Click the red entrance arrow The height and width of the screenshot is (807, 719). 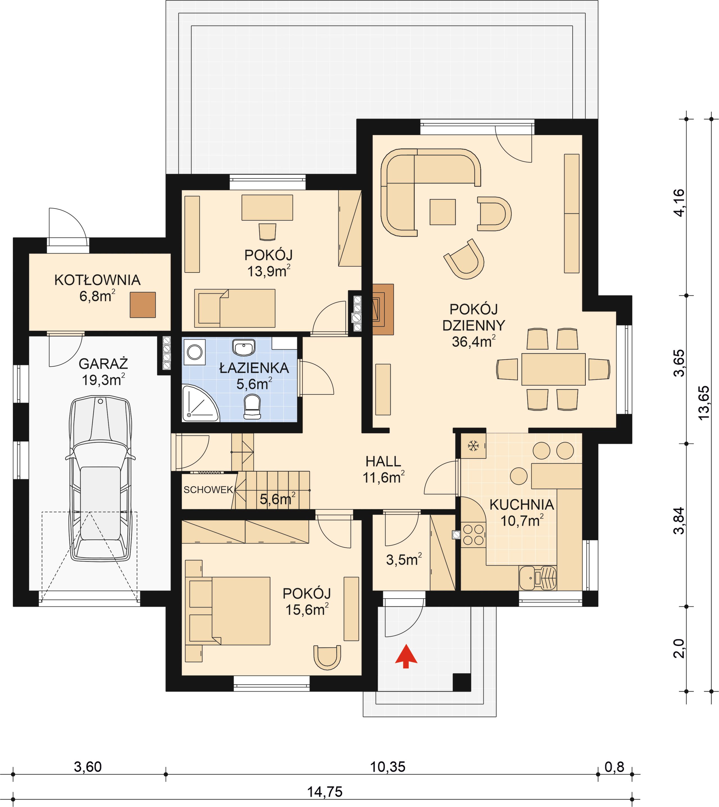tap(406, 656)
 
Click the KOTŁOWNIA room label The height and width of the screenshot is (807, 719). tap(97, 280)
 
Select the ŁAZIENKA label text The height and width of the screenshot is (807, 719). tap(254, 368)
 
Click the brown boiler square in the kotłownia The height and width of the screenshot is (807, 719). tap(143, 304)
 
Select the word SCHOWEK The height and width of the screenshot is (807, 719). tap(208, 490)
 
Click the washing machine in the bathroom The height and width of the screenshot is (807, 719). tap(194, 352)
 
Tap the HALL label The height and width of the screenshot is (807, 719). tap(383, 462)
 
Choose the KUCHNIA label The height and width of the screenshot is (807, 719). tap(522, 505)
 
